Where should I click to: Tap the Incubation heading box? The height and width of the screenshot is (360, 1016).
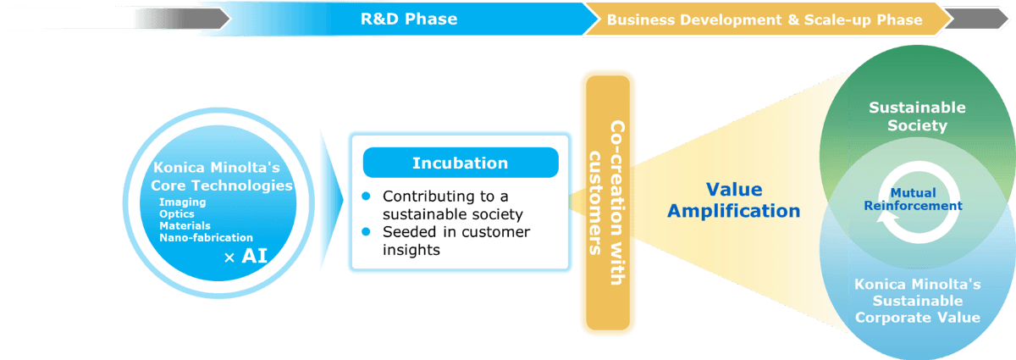pyautogui.click(x=460, y=163)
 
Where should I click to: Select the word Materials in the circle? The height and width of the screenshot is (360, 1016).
pyautogui.click(x=185, y=225)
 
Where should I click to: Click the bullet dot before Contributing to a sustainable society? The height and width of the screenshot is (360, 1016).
pyautogui.click(x=367, y=196)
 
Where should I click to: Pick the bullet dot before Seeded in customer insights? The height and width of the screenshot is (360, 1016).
pyautogui.click(x=367, y=231)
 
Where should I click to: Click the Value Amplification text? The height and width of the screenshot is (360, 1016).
pyautogui.click(x=733, y=200)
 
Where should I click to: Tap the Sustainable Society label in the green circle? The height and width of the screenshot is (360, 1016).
pyautogui.click(x=905, y=117)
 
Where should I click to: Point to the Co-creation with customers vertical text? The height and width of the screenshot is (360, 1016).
pyautogui.click(x=608, y=202)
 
